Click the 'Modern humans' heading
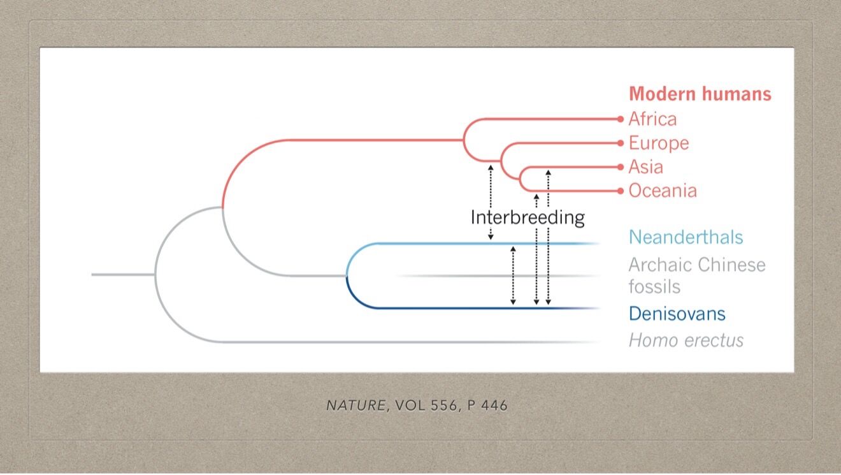point(700,94)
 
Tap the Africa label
point(653,119)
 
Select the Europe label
point(659,143)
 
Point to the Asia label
point(646,167)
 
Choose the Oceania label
point(663,191)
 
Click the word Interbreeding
point(528,217)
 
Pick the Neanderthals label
point(686,237)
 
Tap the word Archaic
point(659,265)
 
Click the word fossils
point(654,287)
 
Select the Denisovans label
point(677,314)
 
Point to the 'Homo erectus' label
point(686,340)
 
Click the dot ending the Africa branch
point(621,119)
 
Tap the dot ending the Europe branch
point(621,143)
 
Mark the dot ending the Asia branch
point(621,167)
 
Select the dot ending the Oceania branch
point(621,191)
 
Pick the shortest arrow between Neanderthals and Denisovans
point(513,275)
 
